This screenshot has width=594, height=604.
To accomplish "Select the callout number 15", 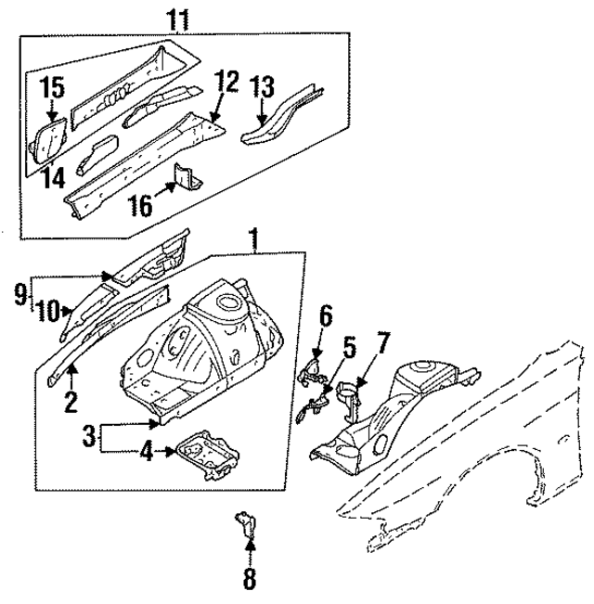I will (52, 89).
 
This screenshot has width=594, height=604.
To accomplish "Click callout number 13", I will (264, 88).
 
